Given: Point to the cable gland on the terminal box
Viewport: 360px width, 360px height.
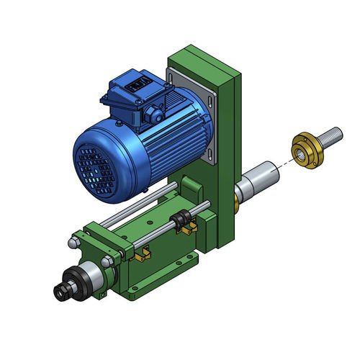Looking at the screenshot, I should coord(154,113).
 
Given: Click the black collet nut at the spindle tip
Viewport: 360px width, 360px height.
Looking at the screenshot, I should coord(64,290).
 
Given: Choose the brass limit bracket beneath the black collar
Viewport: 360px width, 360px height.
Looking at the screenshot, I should coord(189,229).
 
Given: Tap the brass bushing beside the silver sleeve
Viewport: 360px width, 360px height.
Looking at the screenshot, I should coord(235,204).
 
